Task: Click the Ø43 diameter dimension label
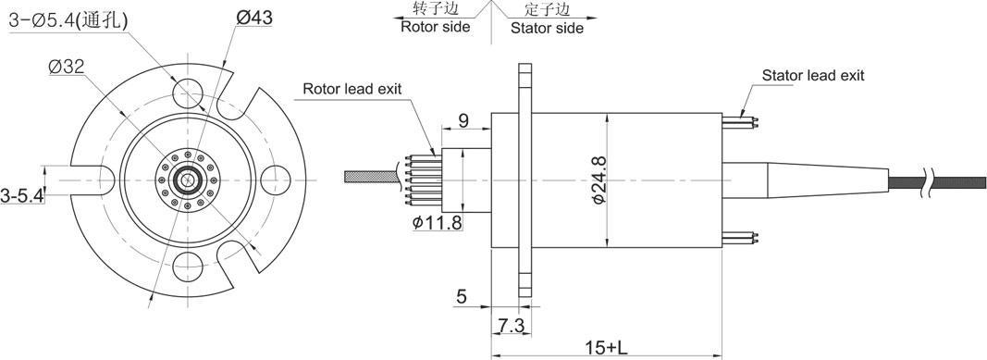254,18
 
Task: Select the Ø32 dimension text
67,67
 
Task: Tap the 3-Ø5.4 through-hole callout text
68,20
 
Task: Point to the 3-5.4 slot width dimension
21,196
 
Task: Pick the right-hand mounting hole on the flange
275,180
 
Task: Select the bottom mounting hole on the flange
188,267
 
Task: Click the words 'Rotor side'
436,27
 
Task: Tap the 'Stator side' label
547,29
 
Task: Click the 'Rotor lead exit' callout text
352,88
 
